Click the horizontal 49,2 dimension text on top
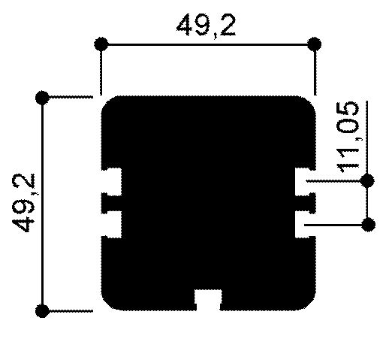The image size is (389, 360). tap(206, 26)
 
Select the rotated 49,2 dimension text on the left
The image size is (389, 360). tap(29, 203)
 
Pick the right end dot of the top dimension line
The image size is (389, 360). tap(314, 43)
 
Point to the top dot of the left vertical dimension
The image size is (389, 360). tap(43, 97)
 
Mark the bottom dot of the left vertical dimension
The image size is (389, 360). tap(43, 310)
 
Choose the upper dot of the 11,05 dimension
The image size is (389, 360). tap(367, 180)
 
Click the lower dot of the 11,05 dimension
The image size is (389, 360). tap(367, 224)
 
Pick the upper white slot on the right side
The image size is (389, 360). tap(305, 180)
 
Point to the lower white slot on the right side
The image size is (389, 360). tap(305, 224)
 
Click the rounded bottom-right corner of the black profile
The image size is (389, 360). tap(307, 302)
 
